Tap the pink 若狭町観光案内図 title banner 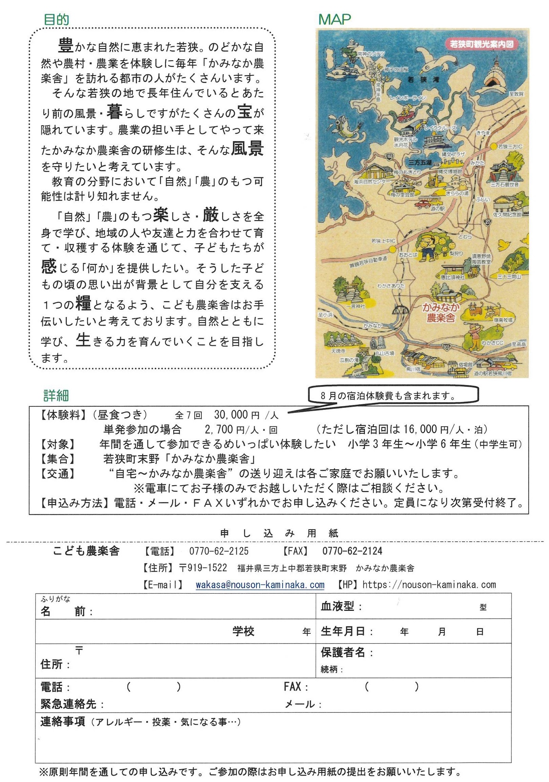click(x=481, y=44)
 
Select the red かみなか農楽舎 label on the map click(x=441, y=313)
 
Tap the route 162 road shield click(x=389, y=156)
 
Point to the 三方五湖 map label click(x=420, y=162)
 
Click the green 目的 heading click(x=56, y=19)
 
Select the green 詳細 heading click(x=56, y=396)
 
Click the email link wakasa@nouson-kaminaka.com click(x=260, y=585)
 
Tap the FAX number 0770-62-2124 click(x=352, y=551)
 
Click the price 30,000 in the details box click(x=231, y=414)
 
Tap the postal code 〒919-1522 click(x=203, y=568)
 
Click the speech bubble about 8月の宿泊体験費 click(x=393, y=395)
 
